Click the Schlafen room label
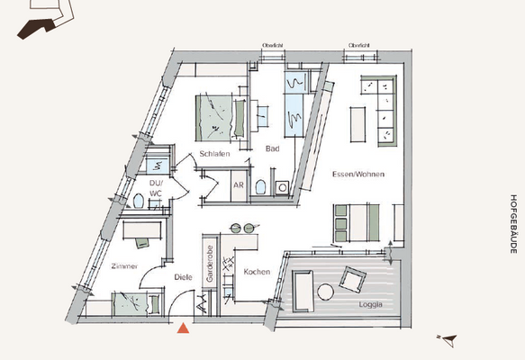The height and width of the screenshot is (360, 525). coord(216,154)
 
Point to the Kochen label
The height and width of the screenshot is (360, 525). coord(257,271)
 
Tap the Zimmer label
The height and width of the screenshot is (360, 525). coord(125,267)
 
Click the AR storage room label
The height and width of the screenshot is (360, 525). coord(239,185)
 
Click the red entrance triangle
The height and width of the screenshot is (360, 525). coord(183,328)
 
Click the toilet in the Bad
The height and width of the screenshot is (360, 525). coord(260,186)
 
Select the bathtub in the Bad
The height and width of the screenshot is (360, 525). coord(296,104)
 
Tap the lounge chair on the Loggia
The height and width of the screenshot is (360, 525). coord(353,278)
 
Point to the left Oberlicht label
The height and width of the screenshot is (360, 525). coord(273,44)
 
